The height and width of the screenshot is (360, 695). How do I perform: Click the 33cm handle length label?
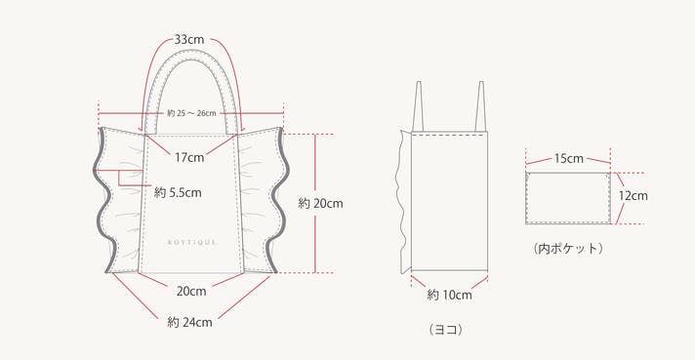tap(189, 39)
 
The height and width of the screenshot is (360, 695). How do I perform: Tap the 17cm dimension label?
tap(189, 157)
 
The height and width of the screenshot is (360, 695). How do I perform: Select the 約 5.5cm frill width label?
tap(178, 192)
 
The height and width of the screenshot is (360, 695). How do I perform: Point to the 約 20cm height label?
tap(320, 204)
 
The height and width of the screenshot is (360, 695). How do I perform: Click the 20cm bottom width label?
tap(191, 291)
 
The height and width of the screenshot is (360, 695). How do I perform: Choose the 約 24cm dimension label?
tap(189, 322)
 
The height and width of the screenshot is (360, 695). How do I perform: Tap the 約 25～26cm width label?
tap(191, 113)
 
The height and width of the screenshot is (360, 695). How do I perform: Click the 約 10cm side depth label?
tap(449, 295)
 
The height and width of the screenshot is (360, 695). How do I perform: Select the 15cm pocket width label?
tap(569, 158)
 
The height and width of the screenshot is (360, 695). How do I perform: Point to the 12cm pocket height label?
tap(633, 196)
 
